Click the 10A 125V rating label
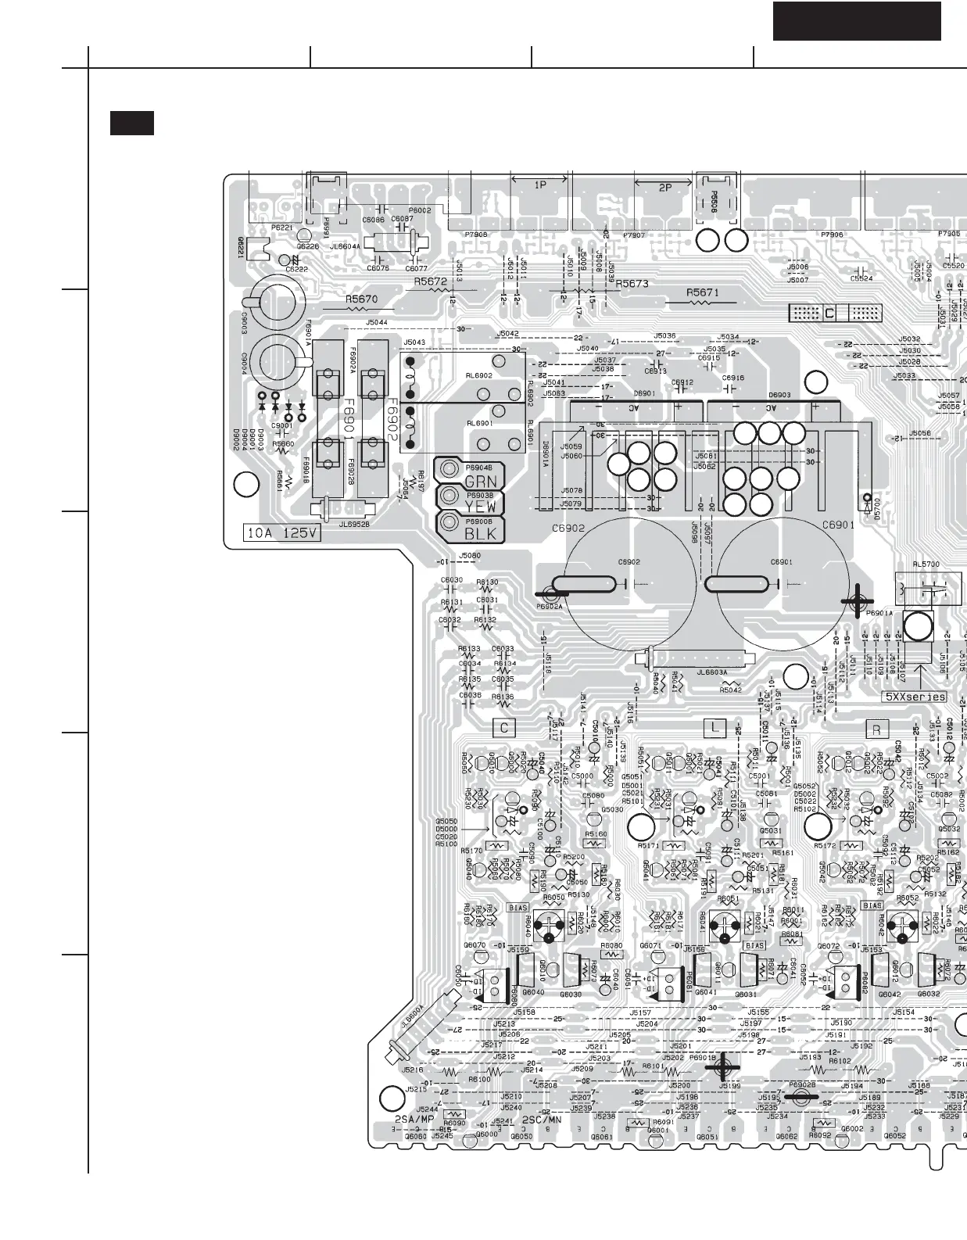283,533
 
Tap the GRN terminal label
480,482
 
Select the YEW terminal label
480,507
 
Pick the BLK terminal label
480,535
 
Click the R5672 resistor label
431,281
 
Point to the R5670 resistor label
361,299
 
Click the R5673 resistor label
632,284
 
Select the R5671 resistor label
702,292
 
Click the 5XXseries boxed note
915,697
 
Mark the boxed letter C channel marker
504,728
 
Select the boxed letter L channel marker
715,728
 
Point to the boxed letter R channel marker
876,729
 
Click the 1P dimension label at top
539,185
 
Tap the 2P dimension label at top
664,188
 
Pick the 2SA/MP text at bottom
414,1120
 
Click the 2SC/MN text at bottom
541,1120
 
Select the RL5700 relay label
926,564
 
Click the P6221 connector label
281,228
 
